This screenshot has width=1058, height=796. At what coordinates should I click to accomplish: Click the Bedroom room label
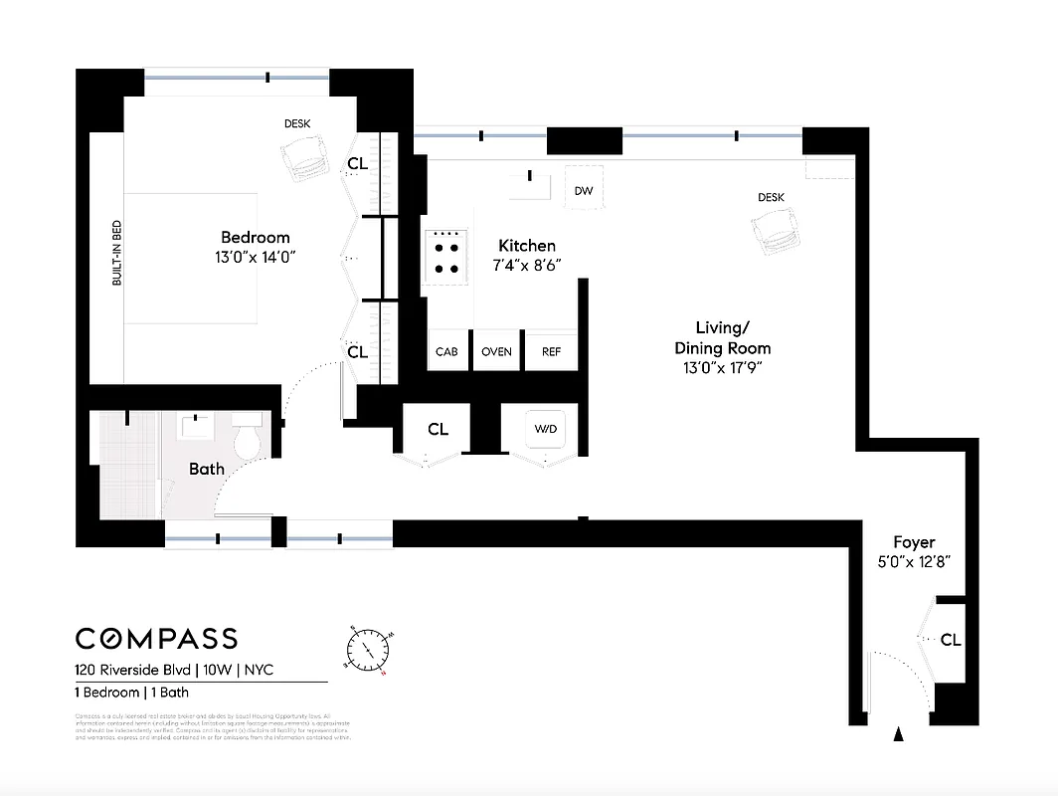click(x=256, y=237)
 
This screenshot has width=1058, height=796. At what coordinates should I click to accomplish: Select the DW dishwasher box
click(x=584, y=191)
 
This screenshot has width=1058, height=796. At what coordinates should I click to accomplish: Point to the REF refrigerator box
click(x=551, y=351)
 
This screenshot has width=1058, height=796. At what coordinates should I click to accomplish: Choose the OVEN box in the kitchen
click(x=497, y=351)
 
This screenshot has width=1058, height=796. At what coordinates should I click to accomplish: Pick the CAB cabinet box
click(x=447, y=351)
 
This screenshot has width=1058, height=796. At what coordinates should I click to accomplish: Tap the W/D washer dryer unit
click(x=546, y=430)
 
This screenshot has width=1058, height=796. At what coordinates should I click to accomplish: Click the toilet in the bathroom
click(x=246, y=437)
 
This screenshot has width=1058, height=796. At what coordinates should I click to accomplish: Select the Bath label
click(x=207, y=469)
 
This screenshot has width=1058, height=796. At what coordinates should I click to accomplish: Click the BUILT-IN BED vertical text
click(x=116, y=254)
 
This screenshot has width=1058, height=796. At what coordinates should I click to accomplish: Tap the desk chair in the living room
click(x=776, y=236)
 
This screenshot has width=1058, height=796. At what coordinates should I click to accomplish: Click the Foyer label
click(x=914, y=542)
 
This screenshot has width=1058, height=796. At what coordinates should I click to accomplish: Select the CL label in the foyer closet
click(x=951, y=640)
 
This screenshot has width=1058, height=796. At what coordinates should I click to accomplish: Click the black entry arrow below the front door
click(x=900, y=735)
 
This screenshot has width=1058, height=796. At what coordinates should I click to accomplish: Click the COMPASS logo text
click(x=157, y=639)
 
